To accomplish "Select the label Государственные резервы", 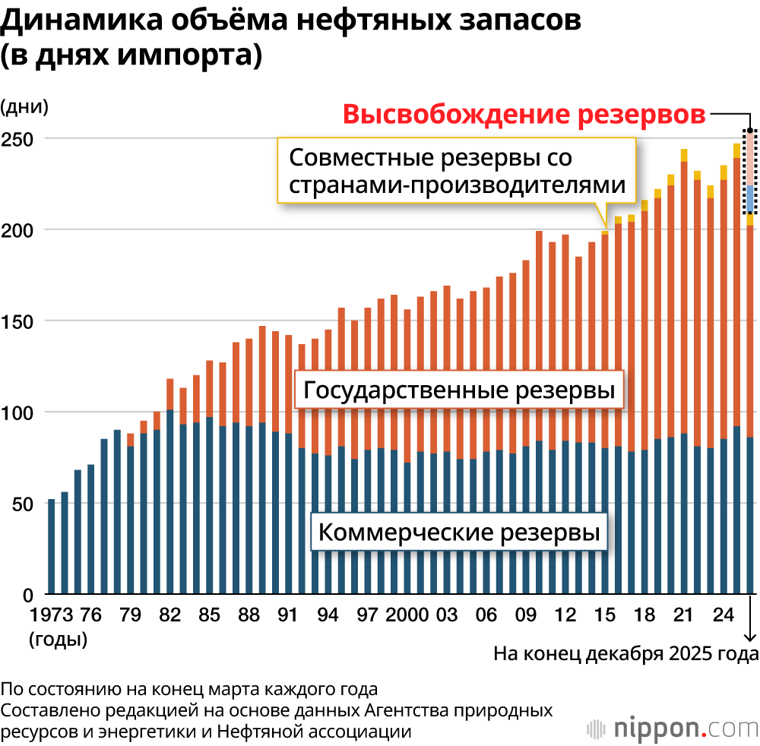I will (x=458, y=391).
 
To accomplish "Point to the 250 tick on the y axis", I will (x=22, y=139).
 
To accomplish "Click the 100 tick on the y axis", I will (x=22, y=413).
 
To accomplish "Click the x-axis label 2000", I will (x=407, y=615).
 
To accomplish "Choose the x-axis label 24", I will (x=723, y=615).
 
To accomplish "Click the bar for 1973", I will (x=51, y=546).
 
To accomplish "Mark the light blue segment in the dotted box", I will (x=750, y=198).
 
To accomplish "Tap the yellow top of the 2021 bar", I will (x=684, y=155).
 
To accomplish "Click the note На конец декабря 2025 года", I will (x=626, y=653).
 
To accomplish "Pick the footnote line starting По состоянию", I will (x=188, y=690).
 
